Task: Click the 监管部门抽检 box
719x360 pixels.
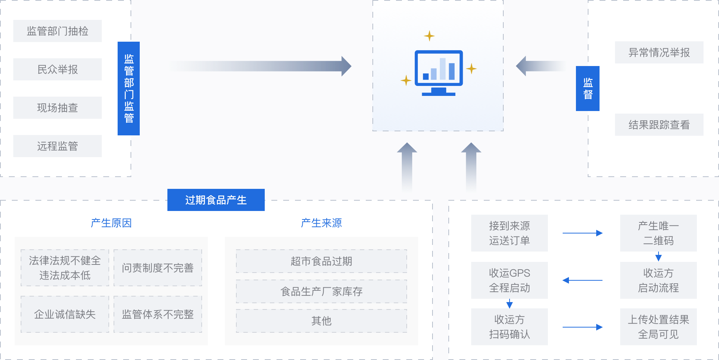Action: click(x=58, y=31)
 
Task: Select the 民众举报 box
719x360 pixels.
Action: click(x=58, y=69)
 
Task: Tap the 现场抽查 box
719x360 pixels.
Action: click(x=58, y=108)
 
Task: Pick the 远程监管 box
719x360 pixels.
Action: click(x=58, y=146)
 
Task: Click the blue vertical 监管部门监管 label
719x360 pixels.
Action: click(x=129, y=89)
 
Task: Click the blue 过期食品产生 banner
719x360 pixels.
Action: click(x=216, y=200)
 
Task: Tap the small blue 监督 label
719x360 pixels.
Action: click(x=588, y=89)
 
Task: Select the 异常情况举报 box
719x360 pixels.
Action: click(x=659, y=52)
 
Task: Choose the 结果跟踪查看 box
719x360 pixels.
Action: click(x=659, y=125)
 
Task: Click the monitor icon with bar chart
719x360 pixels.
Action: click(x=439, y=73)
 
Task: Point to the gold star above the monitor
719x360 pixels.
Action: click(x=429, y=36)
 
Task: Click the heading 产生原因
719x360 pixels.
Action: click(x=111, y=223)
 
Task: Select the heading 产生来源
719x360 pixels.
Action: click(x=322, y=223)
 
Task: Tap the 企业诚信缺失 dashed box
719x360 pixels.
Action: click(x=65, y=314)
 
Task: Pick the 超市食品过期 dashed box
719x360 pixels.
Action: click(x=322, y=261)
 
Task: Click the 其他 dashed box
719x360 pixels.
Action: click(x=322, y=321)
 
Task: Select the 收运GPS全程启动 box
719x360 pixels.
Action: click(x=510, y=280)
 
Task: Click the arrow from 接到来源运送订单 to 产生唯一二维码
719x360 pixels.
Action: click(x=583, y=233)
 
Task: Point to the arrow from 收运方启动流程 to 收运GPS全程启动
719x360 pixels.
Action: click(x=583, y=280)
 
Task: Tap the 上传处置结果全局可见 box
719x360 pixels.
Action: click(x=659, y=327)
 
